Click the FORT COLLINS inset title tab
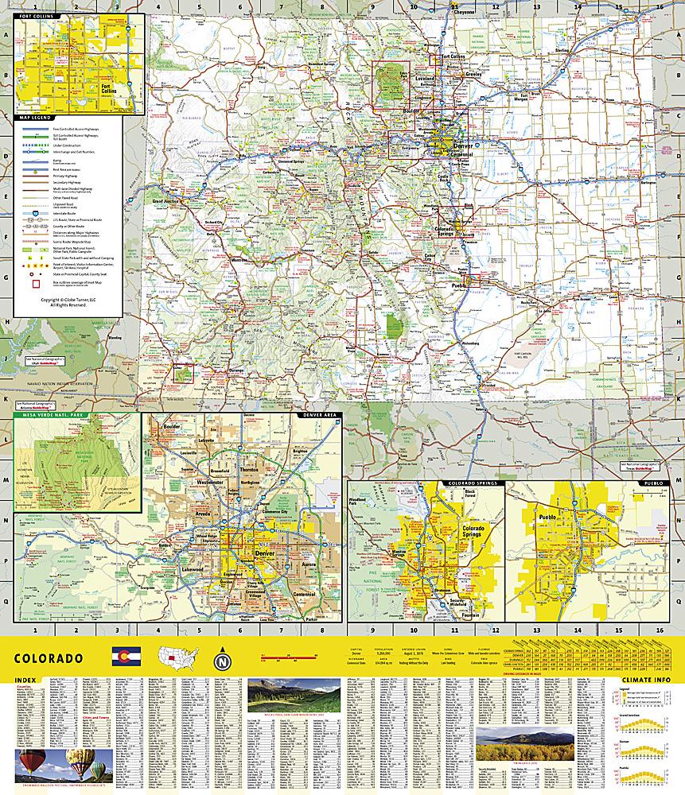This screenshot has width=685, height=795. coord(37,16)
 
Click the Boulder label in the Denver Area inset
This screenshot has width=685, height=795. coord(172,425)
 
